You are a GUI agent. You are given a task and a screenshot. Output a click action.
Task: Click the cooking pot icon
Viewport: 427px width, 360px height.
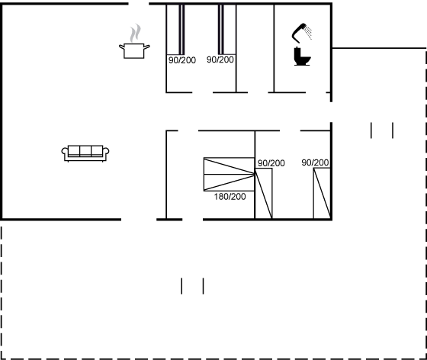[134, 50]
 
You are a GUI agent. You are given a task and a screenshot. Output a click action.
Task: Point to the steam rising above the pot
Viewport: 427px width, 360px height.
[136, 33]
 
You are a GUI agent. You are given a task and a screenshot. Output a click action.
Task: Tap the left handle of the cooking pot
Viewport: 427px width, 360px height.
[121, 47]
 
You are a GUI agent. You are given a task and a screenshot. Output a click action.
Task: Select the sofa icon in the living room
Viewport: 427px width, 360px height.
[85, 153]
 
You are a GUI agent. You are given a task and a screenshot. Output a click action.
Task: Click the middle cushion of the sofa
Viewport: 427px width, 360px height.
[85, 151]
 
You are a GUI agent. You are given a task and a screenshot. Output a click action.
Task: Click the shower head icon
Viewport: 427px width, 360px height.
[299, 32]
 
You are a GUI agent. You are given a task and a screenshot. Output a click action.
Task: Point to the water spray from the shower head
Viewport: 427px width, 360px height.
[308, 32]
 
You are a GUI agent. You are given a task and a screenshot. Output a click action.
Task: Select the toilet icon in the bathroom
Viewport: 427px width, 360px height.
[302, 56]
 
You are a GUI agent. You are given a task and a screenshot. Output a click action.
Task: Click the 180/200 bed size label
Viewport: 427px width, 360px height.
[230, 197]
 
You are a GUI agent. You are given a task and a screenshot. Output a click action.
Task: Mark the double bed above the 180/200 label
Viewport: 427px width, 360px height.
[229, 174]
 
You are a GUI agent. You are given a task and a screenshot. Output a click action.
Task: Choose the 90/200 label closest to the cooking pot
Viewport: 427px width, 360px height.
[182, 60]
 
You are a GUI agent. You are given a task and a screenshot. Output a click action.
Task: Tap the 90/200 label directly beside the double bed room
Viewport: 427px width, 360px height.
[271, 163]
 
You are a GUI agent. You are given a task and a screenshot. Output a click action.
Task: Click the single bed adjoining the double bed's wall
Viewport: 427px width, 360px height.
[264, 193]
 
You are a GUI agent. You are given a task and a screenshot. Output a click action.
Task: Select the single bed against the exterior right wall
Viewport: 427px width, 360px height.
[322, 193]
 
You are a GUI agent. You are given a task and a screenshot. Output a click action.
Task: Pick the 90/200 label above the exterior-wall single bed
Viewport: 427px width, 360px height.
[315, 162]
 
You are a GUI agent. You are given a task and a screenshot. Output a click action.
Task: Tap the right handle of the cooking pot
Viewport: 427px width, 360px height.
[146, 47]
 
